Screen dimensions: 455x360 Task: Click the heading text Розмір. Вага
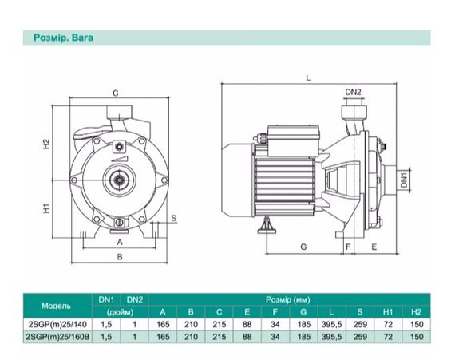64,38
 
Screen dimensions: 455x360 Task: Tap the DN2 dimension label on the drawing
353,92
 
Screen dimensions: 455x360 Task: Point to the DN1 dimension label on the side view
404,179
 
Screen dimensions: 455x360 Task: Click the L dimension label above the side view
308,77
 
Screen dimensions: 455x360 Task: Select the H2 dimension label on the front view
46,144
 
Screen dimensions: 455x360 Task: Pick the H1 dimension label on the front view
46,208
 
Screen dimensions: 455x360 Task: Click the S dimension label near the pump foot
173,218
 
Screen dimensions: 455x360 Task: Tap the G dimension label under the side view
303,247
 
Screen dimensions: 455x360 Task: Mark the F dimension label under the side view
348,247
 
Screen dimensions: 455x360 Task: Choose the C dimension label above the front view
116,93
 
